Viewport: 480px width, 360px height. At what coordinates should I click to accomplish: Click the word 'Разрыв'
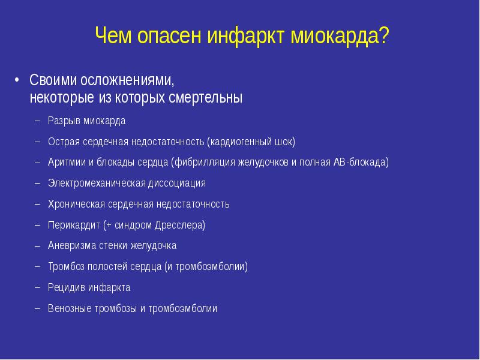click(x=64, y=121)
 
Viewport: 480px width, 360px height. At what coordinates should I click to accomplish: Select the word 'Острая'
click(x=64, y=142)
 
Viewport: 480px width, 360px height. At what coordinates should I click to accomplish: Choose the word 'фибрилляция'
click(x=202, y=163)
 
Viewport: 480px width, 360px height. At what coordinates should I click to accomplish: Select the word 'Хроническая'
click(x=76, y=205)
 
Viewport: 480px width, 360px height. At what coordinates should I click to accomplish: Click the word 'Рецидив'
click(x=67, y=288)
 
